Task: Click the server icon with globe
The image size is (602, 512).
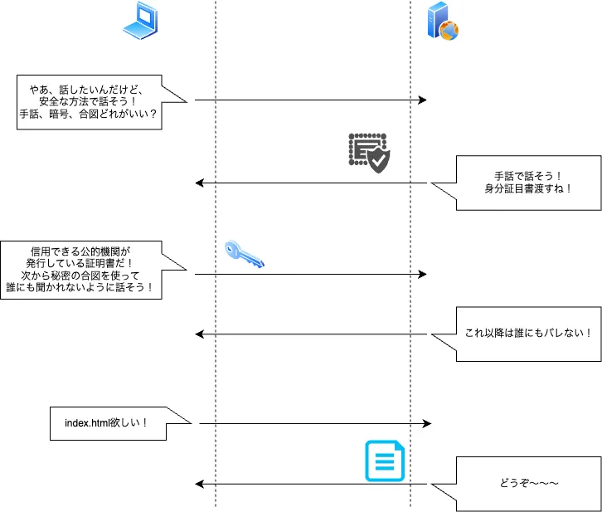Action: tap(442, 22)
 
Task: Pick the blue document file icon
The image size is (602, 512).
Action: tap(386, 461)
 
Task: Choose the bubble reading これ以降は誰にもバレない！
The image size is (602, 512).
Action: tap(528, 334)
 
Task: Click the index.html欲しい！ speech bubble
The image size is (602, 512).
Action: tap(108, 423)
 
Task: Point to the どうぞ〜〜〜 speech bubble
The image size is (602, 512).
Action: tap(528, 483)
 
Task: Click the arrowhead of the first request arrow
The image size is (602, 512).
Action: tap(422, 100)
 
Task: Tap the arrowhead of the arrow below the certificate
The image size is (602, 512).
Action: tap(199, 183)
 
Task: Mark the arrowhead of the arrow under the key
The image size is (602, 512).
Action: tap(422, 274)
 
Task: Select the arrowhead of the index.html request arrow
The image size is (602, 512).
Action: tap(427, 423)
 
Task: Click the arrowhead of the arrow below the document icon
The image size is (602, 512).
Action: tap(199, 484)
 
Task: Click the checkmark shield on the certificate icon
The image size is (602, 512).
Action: tap(378, 160)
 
